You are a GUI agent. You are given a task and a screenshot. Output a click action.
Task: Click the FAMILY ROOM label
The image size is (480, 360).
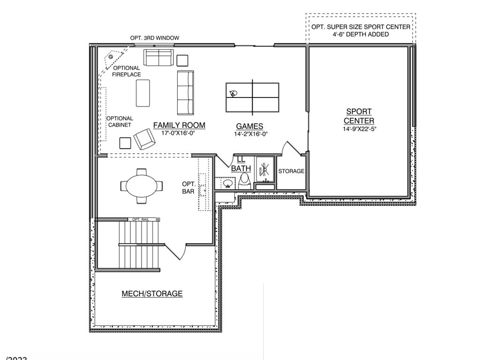[179, 126]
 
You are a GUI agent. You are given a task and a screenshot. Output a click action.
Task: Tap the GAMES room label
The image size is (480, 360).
[249, 127]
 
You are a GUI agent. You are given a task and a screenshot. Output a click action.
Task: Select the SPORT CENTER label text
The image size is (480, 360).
[359, 116]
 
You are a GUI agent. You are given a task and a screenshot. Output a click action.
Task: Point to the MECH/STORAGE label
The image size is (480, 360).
[152, 294]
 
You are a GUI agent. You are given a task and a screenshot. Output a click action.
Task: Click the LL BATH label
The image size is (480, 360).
[241, 164]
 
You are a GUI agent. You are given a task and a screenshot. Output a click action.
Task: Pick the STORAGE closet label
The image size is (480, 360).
[291, 172]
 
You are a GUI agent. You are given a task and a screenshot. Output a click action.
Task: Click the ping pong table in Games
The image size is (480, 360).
[252, 97]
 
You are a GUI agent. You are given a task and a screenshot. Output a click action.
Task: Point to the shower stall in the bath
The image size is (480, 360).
[264, 171]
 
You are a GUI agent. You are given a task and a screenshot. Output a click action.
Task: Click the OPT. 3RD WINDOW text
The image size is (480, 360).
[154, 38]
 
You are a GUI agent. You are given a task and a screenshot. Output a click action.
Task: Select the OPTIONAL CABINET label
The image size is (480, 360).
[120, 122]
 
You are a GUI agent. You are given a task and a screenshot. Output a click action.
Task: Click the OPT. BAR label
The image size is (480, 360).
[188, 187]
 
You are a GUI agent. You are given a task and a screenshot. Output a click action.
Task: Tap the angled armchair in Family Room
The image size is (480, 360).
[145, 139]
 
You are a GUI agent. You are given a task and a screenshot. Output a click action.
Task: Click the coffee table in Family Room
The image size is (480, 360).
[143, 93]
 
